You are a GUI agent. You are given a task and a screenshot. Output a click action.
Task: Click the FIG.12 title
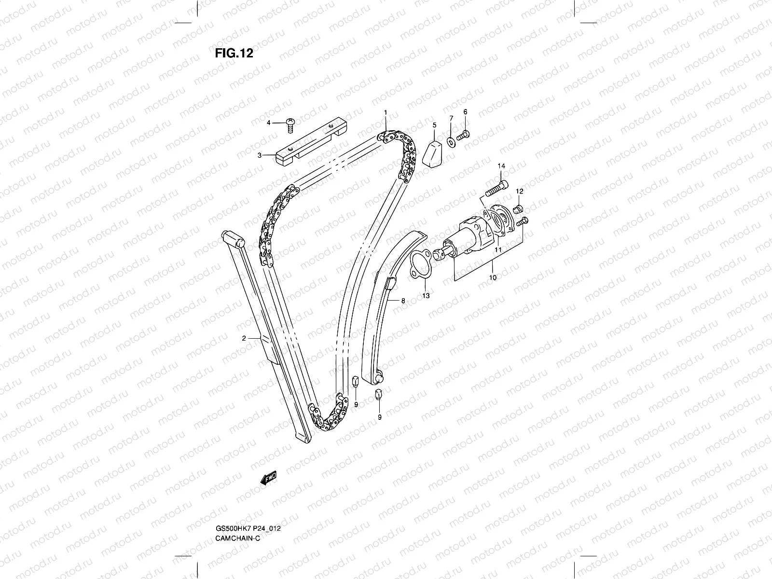click(234, 53)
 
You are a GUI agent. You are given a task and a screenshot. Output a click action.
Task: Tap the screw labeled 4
click(290, 124)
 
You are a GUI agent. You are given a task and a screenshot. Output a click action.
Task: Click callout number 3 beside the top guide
click(259, 155)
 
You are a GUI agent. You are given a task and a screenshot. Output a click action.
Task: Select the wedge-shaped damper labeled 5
click(433, 153)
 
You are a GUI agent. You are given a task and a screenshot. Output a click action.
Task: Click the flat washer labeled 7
click(451, 141)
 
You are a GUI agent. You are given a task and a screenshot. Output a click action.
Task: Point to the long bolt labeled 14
click(496, 189)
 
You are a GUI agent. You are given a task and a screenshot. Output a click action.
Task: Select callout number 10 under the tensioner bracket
click(493, 278)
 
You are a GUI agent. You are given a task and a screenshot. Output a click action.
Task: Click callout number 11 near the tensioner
click(498, 250)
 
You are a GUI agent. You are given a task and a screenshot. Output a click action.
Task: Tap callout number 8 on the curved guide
click(403, 301)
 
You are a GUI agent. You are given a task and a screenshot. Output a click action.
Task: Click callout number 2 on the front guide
click(244, 338)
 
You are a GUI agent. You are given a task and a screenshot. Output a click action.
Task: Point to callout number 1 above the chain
click(386, 112)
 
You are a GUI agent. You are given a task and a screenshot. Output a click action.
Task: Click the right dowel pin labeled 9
click(379, 395)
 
